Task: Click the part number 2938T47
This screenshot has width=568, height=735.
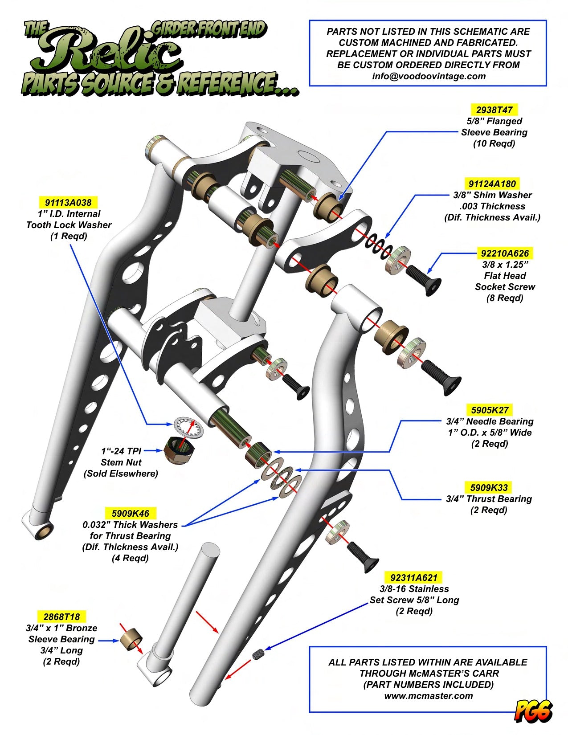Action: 494,110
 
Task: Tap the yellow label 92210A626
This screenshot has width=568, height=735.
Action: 505,253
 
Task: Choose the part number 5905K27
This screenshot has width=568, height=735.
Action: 490,410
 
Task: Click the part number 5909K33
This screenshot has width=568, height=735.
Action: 489,487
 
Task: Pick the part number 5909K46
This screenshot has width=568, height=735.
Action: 130,513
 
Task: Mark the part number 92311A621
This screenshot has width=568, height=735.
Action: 414,578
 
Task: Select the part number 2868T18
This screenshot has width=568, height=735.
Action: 61,617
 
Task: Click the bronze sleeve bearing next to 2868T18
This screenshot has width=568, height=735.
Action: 131,639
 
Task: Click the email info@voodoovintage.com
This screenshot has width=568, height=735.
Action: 429,76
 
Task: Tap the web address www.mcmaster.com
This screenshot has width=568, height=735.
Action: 428,695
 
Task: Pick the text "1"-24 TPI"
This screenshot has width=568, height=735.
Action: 121,451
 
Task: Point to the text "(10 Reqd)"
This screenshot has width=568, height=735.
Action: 494,143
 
